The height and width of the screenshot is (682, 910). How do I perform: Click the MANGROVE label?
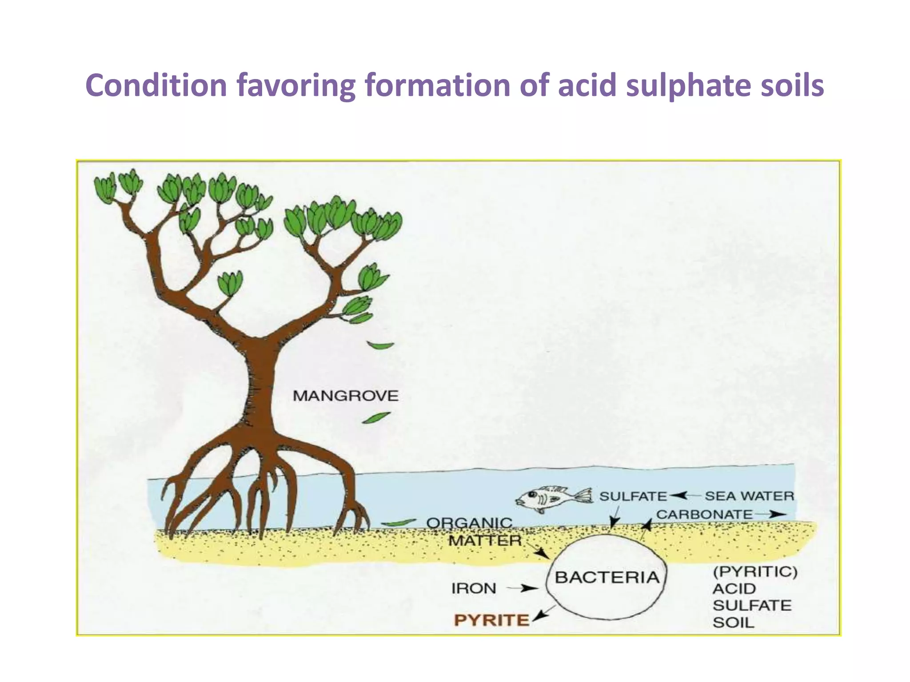(x=345, y=396)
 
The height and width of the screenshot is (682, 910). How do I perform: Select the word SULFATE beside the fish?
(x=633, y=496)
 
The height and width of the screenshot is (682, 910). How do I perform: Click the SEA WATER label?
(x=749, y=496)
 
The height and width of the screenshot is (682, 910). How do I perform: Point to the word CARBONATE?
(x=704, y=515)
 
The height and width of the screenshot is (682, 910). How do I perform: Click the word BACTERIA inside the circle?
(x=607, y=578)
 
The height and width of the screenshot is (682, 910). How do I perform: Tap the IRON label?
(x=474, y=589)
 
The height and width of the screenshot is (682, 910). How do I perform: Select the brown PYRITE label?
(x=491, y=620)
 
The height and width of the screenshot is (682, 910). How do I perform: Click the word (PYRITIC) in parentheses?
(x=755, y=572)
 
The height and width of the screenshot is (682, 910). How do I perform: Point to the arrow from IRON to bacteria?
(x=522, y=589)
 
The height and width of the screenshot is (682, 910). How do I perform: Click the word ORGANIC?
(x=469, y=523)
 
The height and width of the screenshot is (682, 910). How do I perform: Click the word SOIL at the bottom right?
(x=734, y=623)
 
